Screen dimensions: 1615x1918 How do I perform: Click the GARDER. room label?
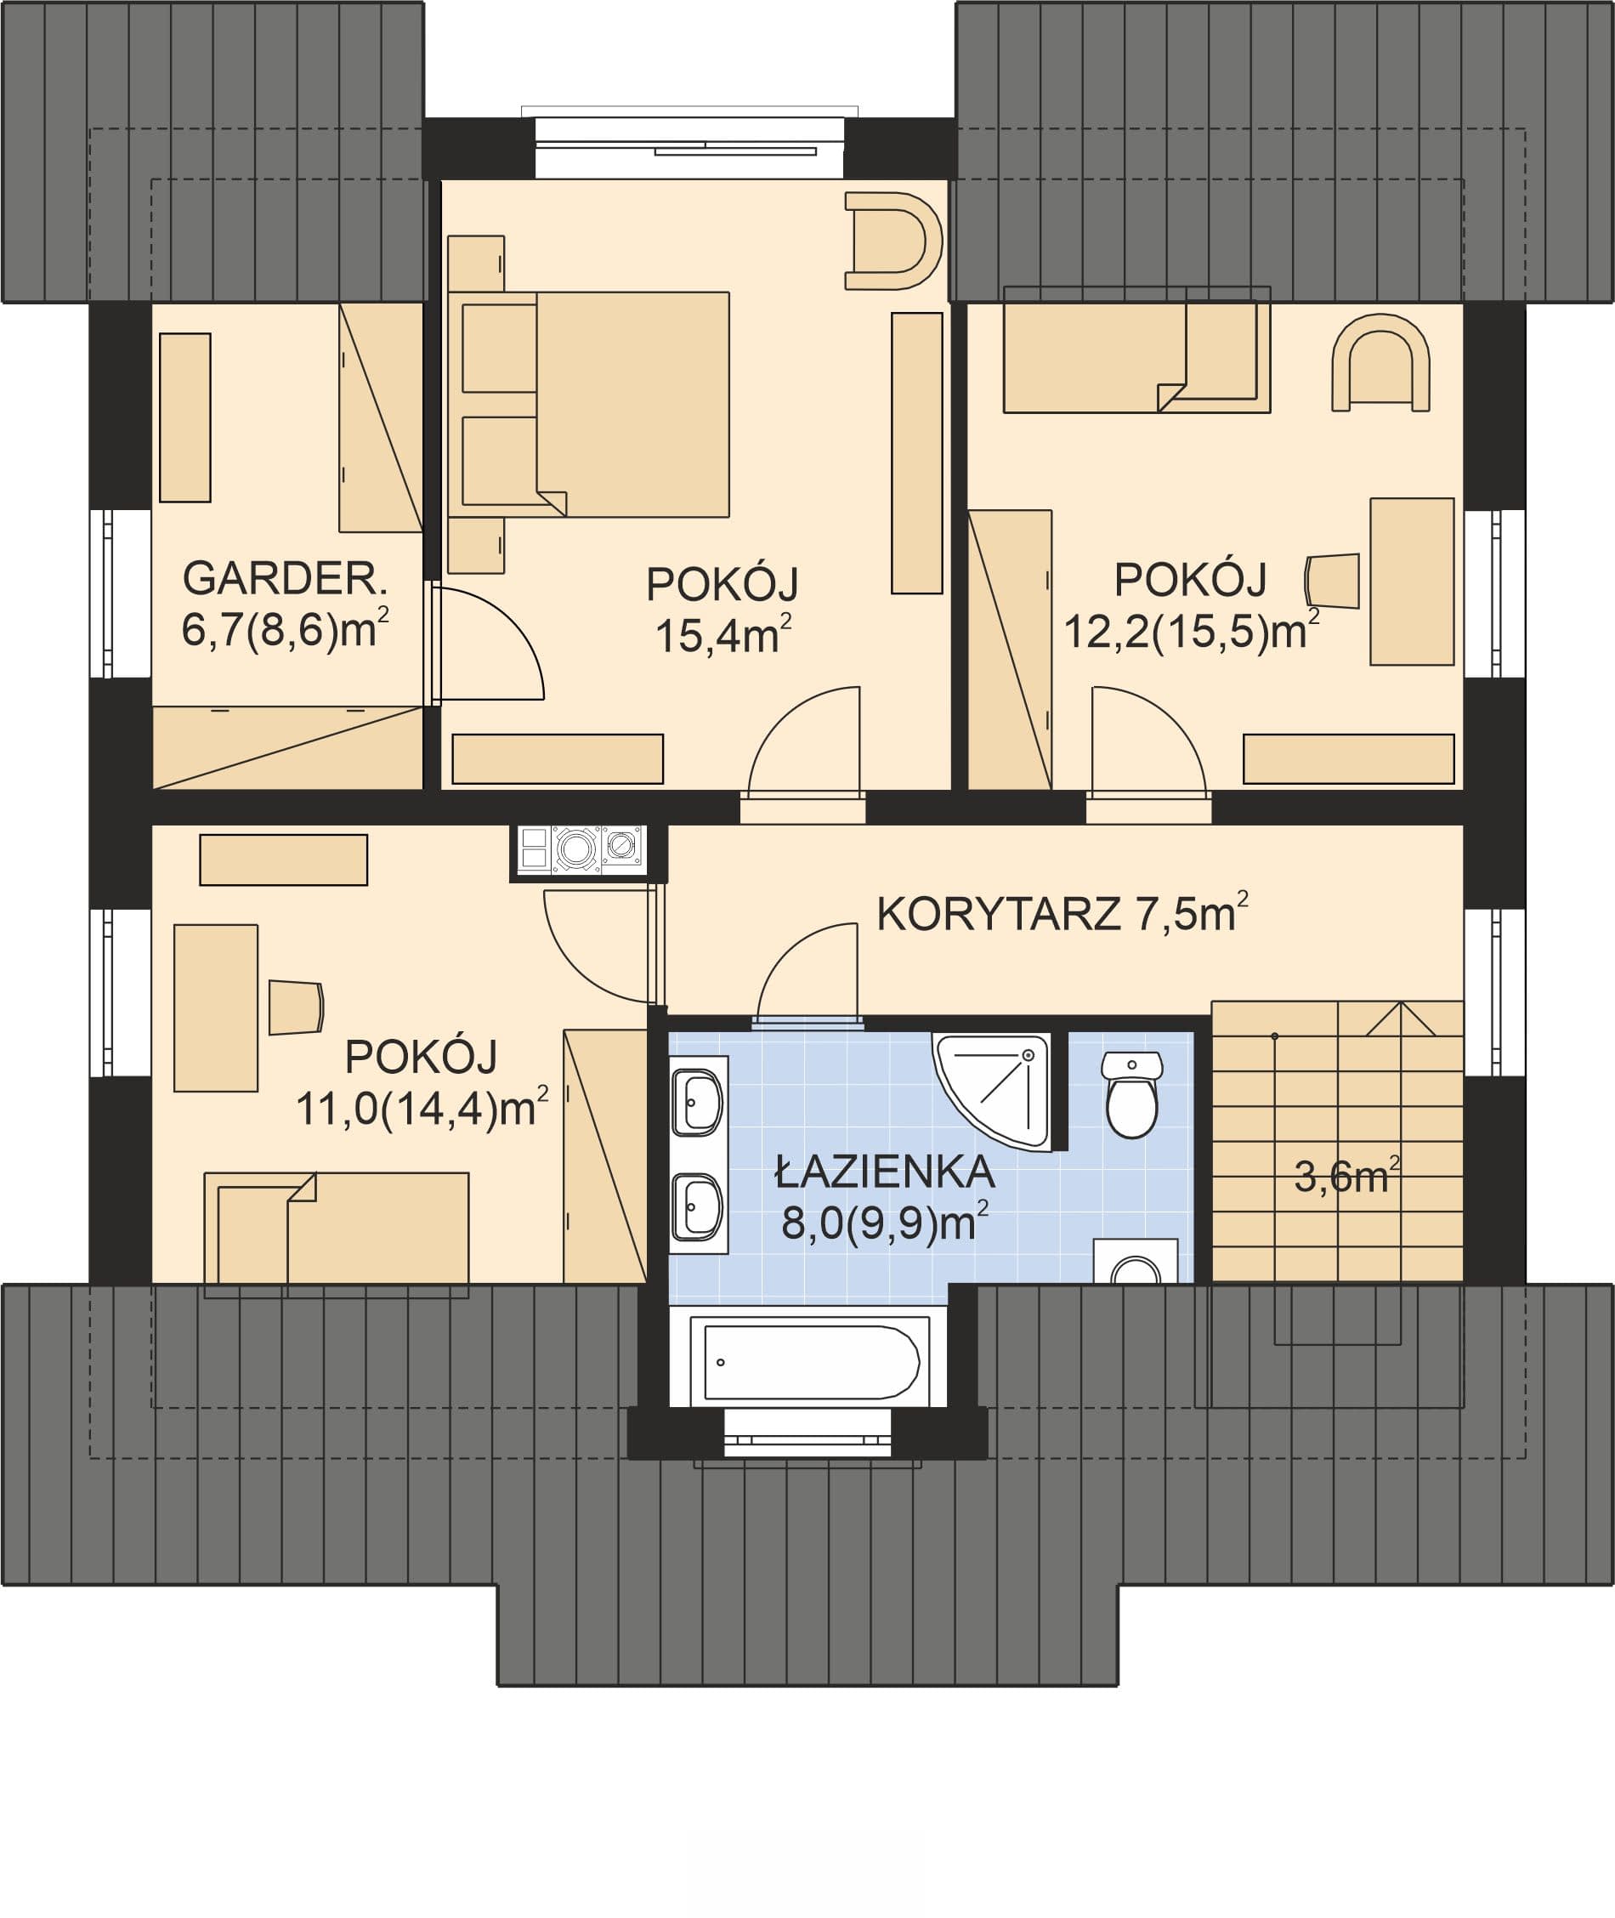[286, 579]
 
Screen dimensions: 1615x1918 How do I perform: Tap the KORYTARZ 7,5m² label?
[1062, 913]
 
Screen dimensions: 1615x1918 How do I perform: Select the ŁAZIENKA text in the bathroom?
[884, 1172]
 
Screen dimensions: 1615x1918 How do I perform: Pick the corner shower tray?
[993, 1089]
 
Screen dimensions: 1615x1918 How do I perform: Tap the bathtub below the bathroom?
[810, 1362]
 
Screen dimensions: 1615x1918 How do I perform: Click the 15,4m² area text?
[722, 634]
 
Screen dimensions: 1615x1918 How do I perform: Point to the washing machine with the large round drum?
[575, 848]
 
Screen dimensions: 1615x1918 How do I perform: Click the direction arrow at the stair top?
[1400, 1019]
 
